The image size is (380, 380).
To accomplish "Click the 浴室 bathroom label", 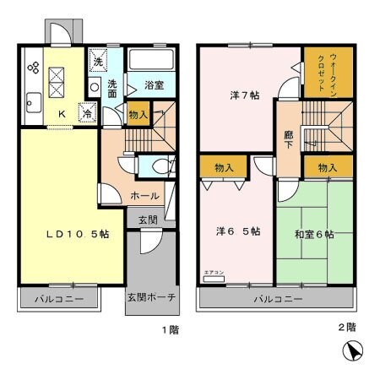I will [153, 85].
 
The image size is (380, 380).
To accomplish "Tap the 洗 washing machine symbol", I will [98, 62].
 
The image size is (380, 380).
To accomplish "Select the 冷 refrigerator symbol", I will [87, 111].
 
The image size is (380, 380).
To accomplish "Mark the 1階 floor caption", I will [170, 329].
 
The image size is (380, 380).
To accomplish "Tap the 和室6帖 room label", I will [314, 234].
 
